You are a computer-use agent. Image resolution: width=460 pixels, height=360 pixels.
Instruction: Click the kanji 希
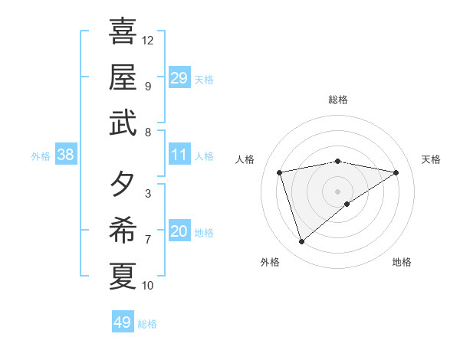123,231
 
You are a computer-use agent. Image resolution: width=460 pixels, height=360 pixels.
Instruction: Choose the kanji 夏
123,276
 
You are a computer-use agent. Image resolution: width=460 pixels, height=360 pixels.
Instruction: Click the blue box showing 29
179,77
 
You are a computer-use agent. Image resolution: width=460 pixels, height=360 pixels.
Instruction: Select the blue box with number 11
179,155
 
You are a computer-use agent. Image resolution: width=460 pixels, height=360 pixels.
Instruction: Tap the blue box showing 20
179,231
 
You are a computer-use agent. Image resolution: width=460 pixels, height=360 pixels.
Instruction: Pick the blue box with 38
66,155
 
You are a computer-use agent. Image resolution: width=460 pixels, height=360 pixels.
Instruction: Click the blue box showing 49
123,322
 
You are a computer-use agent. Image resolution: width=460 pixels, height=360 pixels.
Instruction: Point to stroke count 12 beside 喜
148,40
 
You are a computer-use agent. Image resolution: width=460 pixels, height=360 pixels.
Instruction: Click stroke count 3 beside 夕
147,194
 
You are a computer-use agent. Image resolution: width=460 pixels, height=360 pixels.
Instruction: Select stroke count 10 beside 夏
148,286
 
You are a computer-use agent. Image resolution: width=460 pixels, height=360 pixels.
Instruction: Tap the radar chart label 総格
338,100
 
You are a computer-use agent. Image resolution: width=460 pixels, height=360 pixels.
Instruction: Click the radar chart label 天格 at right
431,159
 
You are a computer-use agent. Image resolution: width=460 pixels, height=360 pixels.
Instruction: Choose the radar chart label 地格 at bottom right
402,262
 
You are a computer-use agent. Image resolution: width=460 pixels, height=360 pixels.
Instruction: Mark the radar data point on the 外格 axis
302,242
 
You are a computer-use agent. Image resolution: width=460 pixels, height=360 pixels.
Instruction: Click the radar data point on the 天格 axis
396,172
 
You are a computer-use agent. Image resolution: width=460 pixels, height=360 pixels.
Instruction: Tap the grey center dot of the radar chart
338,191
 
